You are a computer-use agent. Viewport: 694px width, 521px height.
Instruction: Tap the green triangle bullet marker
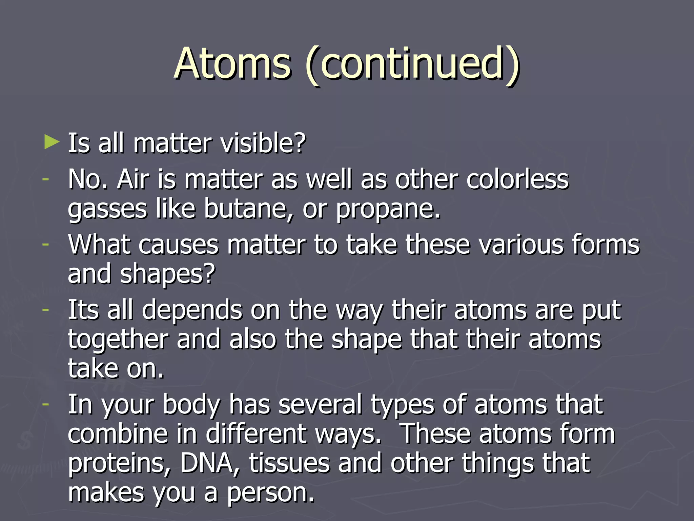(52, 142)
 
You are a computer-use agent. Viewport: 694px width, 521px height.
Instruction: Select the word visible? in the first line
(263, 143)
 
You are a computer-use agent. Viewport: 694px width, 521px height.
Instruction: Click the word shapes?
(168, 274)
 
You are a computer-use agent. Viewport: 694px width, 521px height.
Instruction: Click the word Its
(84, 310)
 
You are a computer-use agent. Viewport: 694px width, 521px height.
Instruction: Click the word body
(192, 405)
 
